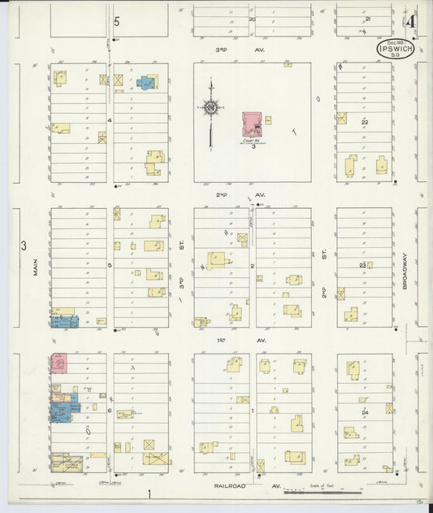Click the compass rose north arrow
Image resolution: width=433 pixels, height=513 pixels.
[210, 108]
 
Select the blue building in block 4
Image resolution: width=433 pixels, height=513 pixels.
[147, 82]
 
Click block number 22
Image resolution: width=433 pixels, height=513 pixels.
[365, 122]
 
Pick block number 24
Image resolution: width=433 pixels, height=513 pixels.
[365, 412]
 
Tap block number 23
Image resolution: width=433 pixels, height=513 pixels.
[363, 265]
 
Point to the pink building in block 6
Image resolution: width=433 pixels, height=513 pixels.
[58, 363]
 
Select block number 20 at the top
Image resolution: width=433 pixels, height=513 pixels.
[252, 19]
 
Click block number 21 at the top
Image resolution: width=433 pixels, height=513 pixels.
[368, 18]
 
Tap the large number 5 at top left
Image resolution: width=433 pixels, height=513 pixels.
[117, 21]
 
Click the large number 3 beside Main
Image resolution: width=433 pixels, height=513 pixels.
[24, 246]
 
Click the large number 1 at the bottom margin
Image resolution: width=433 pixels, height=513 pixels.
[150, 493]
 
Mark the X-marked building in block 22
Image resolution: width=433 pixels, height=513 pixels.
[342, 118]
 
